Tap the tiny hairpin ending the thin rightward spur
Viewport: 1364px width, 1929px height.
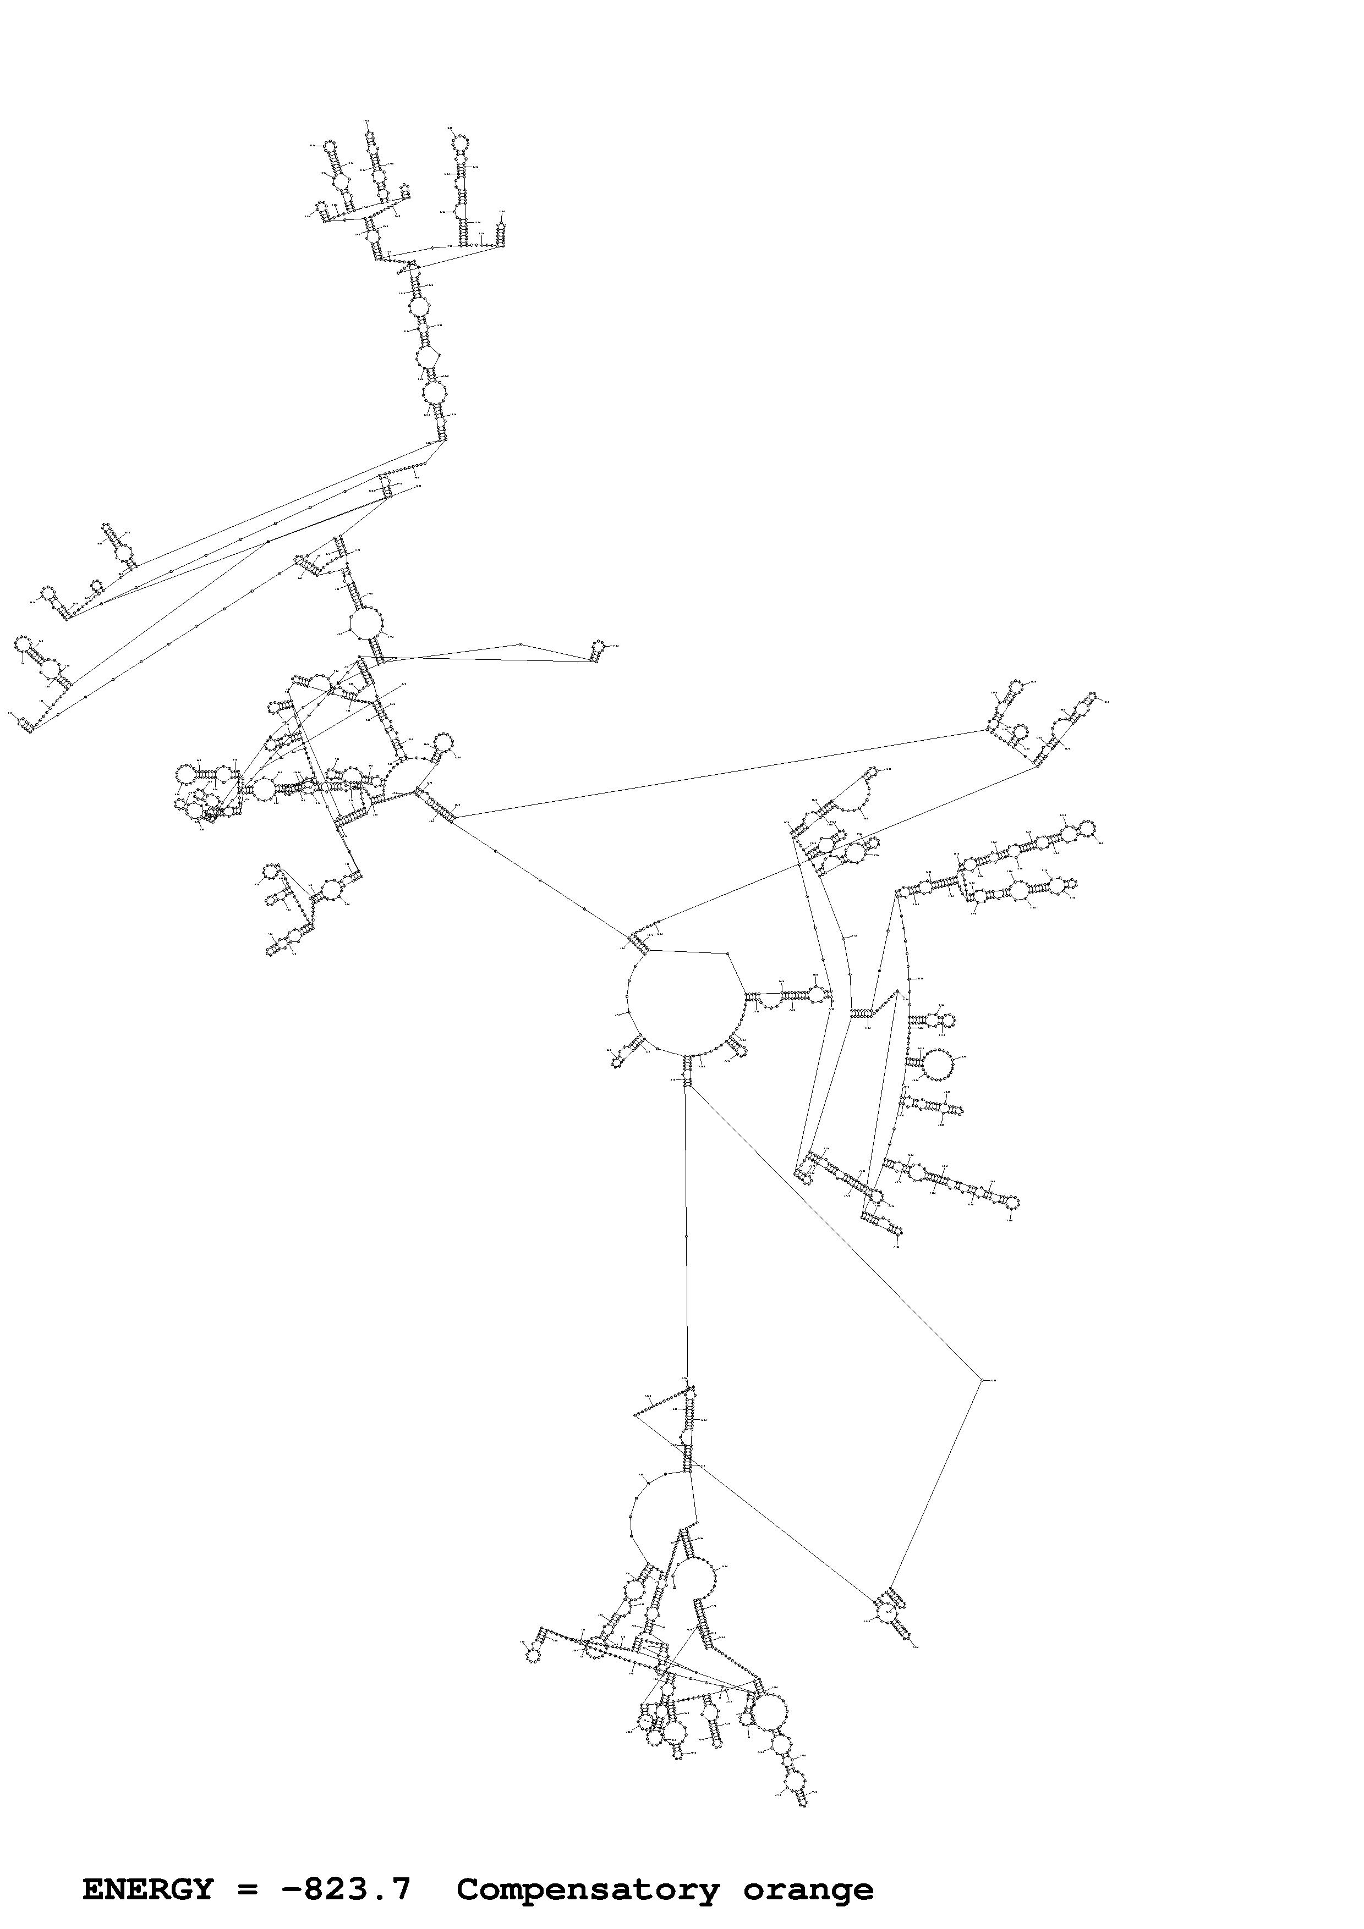coord(599,646)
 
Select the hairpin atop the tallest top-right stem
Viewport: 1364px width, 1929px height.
coord(459,143)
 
